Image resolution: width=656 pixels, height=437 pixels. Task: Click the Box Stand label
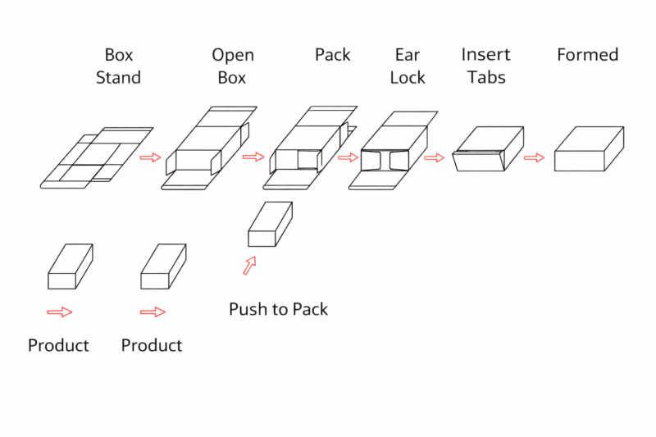(118, 66)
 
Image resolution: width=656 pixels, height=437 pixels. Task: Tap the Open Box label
(233, 66)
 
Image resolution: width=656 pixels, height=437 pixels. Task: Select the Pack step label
(332, 55)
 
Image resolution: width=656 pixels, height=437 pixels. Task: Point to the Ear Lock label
(408, 66)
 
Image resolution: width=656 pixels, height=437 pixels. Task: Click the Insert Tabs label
(485, 66)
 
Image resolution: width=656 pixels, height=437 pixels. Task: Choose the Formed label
(587, 55)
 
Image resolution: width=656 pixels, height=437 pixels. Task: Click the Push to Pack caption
(278, 309)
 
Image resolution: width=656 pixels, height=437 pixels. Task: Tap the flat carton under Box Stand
(97, 157)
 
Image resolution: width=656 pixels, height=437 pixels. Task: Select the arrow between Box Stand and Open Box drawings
(150, 157)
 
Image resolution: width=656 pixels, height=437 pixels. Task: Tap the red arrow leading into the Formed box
(534, 157)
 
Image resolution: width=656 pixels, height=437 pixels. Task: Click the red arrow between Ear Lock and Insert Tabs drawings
(434, 157)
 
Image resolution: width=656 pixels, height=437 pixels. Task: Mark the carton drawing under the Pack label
(312, 148)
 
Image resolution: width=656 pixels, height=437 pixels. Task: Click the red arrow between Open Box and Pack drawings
(253, 157)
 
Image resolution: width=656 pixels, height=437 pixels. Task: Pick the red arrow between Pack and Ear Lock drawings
(348, 157)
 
